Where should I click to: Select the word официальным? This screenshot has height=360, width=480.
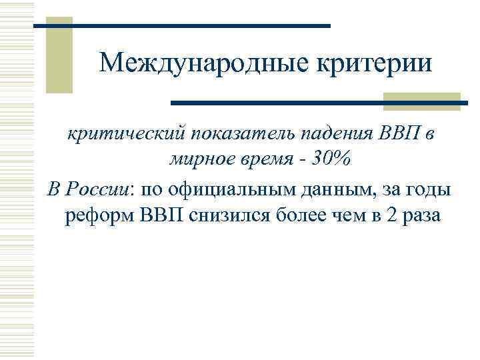point(225,189)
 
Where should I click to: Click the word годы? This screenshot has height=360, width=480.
point(428,189)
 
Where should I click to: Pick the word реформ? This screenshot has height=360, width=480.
point(99,217)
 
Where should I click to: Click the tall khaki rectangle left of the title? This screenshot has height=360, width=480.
point(59,55)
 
